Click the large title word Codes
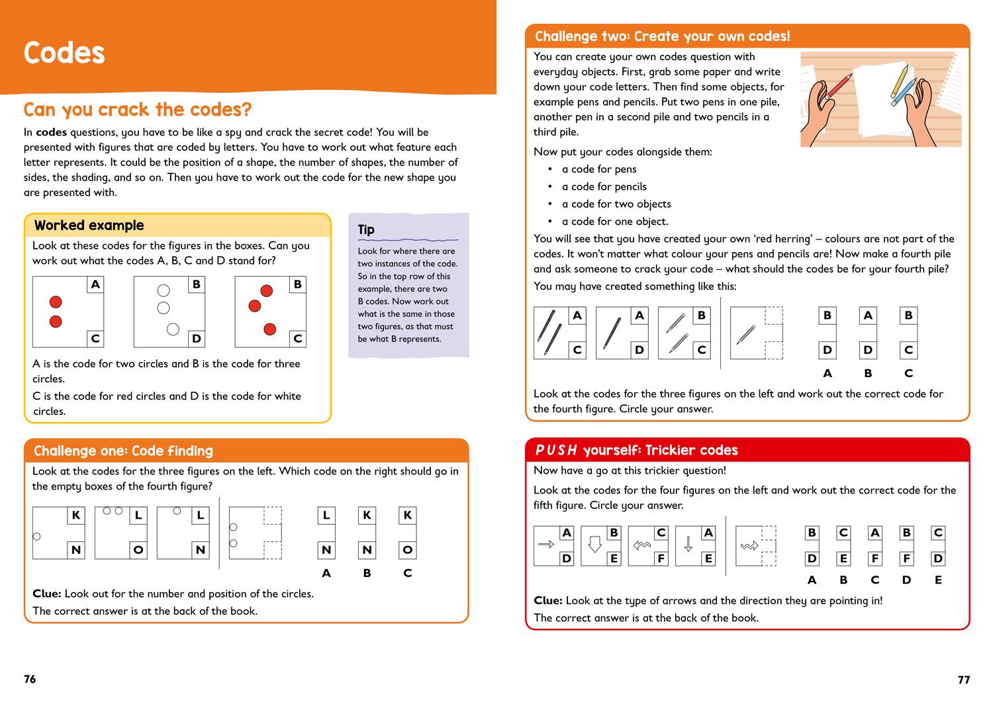(x=64, y=53)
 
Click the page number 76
(x=30, y=679)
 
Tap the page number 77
(x=963, y=680)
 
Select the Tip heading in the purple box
(x=366, y=230)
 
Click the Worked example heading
(x=89, y=226)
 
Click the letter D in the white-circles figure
(x=196, y=339)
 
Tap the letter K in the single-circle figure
(x=76, y=515)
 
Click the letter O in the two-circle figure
(x=138, y=550)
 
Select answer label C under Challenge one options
(x=407, y=573)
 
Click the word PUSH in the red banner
(x=555, y=451)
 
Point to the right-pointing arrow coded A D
(x=546, y=545)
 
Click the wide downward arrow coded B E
(x=594, y=545)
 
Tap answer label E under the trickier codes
(x=937, y=580)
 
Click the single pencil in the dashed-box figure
(x=746, y=333)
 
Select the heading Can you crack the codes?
(x=138, y=110)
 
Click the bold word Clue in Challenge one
(x=46, y=593)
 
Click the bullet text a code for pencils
(x=604, y=187)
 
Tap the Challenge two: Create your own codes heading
(x=662, y=36)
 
